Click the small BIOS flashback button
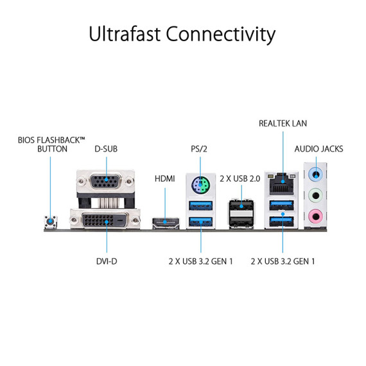(x=49, y=223)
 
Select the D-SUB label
(x=106, y=149)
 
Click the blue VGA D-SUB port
(x=105, y=185)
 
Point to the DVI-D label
(x=106, y=261)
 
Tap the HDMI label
(x=164, y=179)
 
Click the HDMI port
(x=165, y=223)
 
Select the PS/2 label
(x=200, y=149)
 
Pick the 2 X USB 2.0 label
(x=240, y=179)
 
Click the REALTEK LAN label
(x=283, y=123)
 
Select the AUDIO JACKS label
(x=318, y=149)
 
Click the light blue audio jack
(x=315, y=173)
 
